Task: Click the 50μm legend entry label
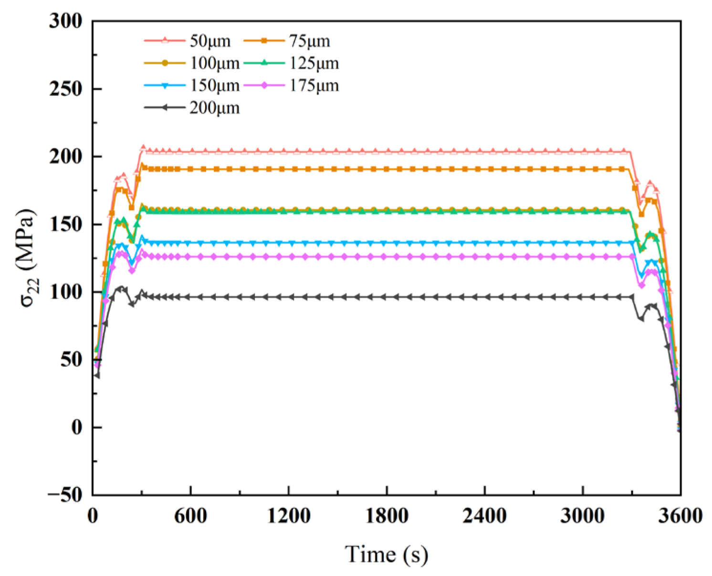coord(210,41)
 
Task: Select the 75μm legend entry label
coord(310,41)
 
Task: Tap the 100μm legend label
coord(215,63)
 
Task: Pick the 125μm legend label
coord(314,63)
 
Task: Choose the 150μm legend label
coord(215,85)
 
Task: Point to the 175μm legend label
coord(314,85)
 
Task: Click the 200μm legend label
coord(215,108)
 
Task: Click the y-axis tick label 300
coord(65,21)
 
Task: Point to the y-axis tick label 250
coord(65,89)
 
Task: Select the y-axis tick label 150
coord(65,224)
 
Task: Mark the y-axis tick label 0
coord(77,427)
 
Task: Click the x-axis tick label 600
coord(190,516)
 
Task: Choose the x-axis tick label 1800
coord(387,516)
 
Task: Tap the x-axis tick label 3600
coord(681,516)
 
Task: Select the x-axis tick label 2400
coord(484,516)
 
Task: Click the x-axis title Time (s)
coord(387,555)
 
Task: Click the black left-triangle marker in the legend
coord(165,108)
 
